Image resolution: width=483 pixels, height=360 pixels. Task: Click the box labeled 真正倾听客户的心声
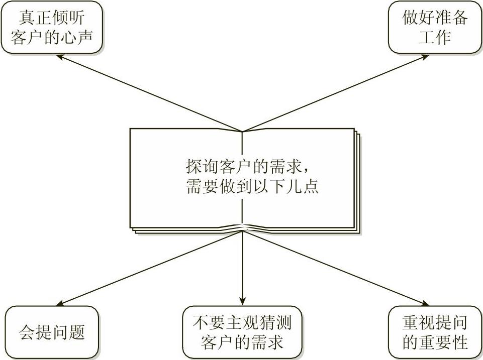[52, 28]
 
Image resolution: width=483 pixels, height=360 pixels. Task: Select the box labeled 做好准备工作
[435, 28]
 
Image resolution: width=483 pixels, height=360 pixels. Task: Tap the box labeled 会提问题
[52, 332]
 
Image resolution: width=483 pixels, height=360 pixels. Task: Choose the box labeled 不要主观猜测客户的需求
[242, 331]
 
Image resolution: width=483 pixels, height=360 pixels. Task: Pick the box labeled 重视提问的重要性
[435, 331]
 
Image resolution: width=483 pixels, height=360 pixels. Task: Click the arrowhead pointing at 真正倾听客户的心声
[59, 57]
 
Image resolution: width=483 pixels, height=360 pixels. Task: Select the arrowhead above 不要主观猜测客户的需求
[243, 301]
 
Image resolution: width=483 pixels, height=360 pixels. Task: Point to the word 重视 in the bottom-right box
[418, 322]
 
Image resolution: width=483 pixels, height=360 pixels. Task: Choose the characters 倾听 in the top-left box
[68, 18]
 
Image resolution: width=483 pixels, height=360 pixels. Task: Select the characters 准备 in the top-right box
[451, 18]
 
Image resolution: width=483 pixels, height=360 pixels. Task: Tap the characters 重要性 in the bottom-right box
[443, 342]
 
